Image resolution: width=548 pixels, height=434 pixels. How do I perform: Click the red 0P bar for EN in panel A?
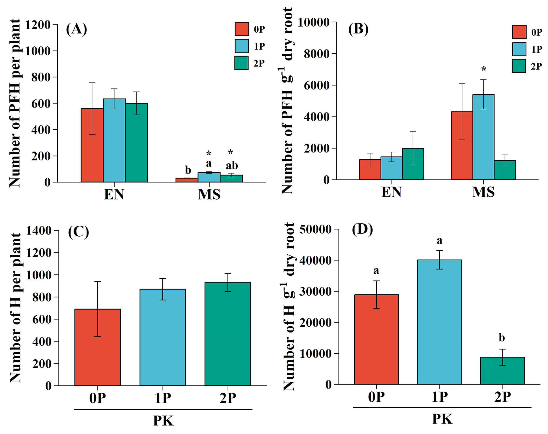point(92,145)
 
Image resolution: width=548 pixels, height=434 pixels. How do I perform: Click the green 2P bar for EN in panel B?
point(413,164)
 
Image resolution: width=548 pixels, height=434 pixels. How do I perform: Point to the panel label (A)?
point(76,29)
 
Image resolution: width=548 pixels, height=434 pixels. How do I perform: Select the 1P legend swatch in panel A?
point(241,46)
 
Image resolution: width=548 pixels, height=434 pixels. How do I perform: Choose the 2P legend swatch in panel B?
point(519,66)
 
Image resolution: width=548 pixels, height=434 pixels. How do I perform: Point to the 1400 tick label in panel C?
point(39,230)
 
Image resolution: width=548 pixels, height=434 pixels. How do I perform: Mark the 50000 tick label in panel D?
point(315,229)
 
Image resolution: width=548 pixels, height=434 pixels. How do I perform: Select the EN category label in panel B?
point(391,192)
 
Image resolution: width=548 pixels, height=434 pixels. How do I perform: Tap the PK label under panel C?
point(163,421)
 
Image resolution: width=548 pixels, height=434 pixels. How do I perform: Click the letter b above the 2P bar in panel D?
point(502,338)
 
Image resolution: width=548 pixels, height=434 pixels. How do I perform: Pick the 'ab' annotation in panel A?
point(232,166)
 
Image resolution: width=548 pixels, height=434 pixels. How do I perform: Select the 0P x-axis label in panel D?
point(376,397)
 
